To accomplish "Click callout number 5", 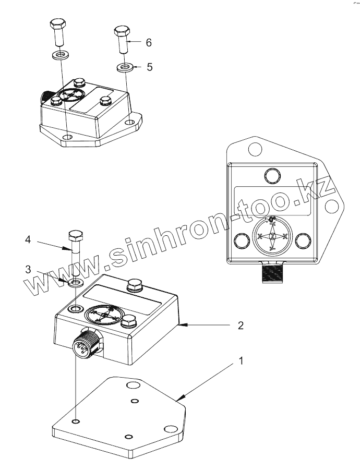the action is point(149,67).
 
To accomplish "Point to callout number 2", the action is point(241,326).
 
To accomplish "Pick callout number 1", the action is point(241,360).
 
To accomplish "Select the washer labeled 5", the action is point(124,67).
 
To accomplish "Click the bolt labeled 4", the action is point(75,250).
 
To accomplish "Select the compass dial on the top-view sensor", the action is point(272,236).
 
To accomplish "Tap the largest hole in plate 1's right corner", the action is point(170,429).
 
